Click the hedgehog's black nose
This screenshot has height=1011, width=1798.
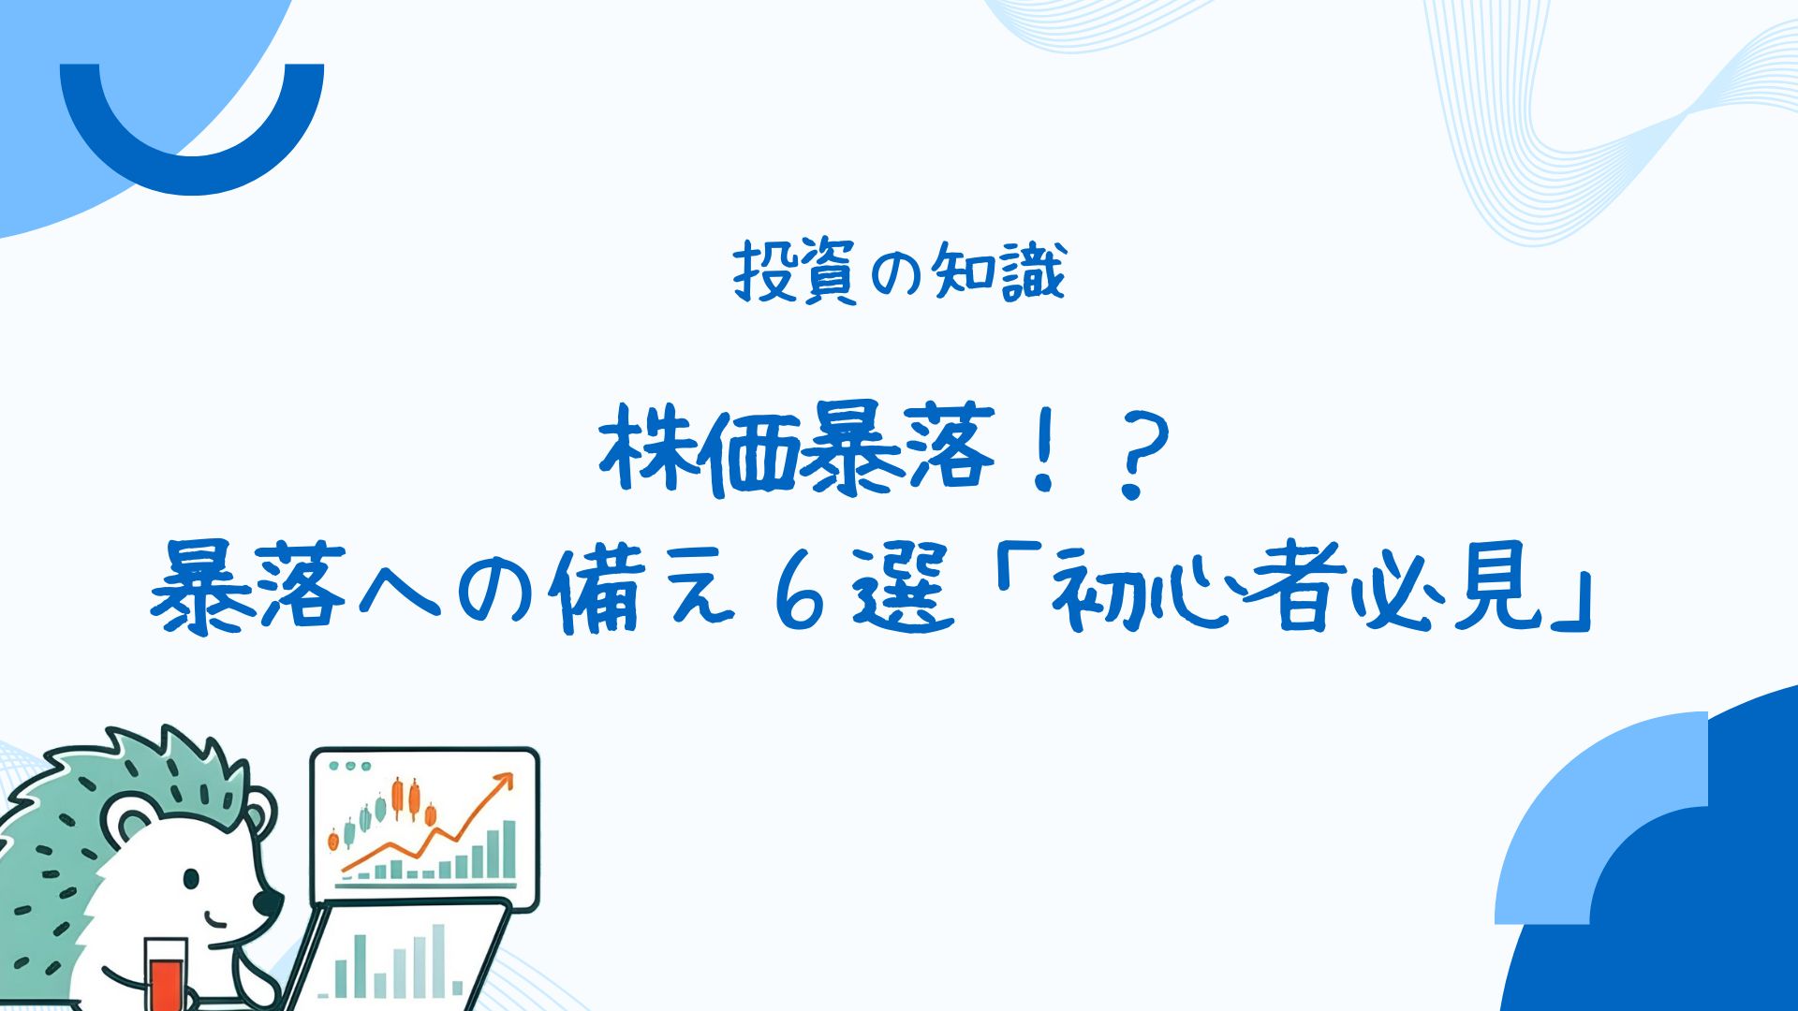(269, 902)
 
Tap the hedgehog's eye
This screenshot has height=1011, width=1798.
(191, 879)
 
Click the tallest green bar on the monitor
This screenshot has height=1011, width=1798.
(508, 849)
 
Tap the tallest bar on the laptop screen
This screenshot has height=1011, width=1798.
(438, 960)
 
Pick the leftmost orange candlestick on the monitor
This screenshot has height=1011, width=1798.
(332, 841)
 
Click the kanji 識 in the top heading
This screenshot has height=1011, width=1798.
(1034, 272)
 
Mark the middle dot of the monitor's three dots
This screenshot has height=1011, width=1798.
(350, 766)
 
